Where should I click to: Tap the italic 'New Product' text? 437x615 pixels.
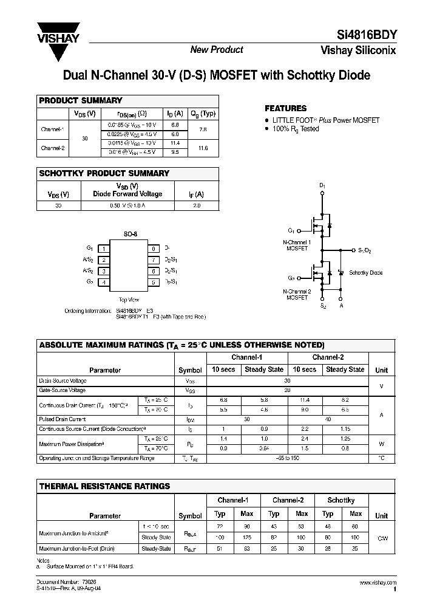[217, 50]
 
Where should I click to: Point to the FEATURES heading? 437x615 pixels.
[286, 108]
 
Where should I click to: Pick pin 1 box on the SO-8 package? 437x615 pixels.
[104, 249]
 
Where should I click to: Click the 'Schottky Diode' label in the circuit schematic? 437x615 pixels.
[365, 273]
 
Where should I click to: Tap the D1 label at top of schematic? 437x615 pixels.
[323, 185]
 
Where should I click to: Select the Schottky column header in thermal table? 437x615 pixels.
[340, 500]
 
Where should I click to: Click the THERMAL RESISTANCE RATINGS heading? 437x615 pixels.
[104, 486]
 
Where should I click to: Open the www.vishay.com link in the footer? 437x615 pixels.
[378, 583]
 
